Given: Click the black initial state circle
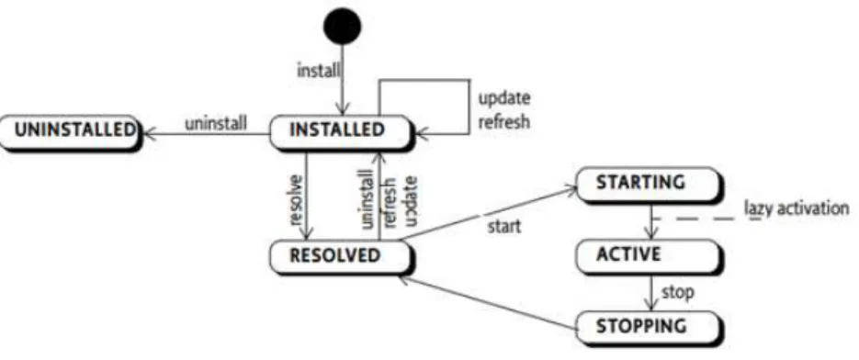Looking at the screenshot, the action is click(x=343, y=26).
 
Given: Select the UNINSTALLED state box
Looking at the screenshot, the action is click(x=71, y=132).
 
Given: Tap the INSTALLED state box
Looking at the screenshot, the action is click(x=340, y=132).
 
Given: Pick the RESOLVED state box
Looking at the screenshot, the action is click(x=340, y=257).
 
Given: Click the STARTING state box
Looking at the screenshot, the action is click(x=648, y=184).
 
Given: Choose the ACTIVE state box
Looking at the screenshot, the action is click(x=648, y=256).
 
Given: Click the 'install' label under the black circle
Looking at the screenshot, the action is click(x=318, y=71).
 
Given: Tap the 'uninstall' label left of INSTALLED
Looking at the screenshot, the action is click(x=215, y=123).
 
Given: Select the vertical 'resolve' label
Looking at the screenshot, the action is click(x=295, y=199).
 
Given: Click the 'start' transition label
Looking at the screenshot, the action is click(x=504, y=226).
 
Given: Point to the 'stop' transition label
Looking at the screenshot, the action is click(x=677, y=292).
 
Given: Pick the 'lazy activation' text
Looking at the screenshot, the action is click(x=797, y=208).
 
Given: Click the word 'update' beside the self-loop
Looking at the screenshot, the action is click(x=504, y=99).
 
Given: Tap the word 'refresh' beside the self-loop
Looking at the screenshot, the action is click(x=504, y=120).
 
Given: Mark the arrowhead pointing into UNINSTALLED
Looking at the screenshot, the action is click(x=149, y=132).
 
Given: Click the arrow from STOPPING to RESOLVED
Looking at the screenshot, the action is click(x=488, y=304).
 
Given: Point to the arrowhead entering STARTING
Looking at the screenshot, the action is click(x=571, y=189).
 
